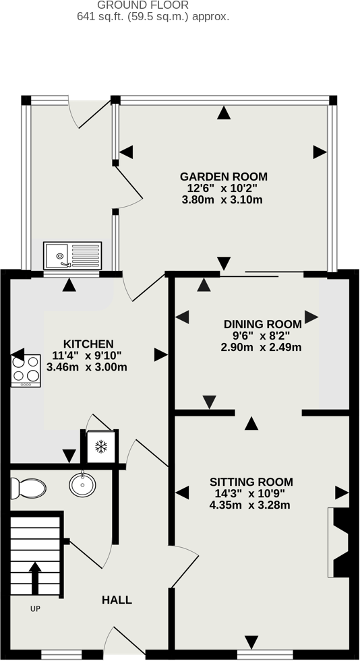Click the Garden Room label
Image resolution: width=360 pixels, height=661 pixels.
pos(223,177)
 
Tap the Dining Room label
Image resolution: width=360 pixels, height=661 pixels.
pos(263,324)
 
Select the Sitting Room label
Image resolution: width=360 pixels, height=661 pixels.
pos(251,482)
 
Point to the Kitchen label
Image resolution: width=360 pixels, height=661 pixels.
pos(88,344)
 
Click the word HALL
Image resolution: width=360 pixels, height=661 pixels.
pos(117,600)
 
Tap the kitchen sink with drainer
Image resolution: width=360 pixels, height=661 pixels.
pos(73,255)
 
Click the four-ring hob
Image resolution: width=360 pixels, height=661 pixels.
pos(26,371)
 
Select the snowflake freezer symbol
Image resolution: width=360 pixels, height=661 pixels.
pos(100,447)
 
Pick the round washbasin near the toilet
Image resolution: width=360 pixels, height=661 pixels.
pos(82,484)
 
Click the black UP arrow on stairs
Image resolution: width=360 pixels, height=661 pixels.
pos(35,578)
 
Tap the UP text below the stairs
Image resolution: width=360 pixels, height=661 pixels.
pos(36,608)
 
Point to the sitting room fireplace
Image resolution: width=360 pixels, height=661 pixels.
pos(338,542)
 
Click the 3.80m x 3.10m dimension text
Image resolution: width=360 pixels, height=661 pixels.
pos(222,199)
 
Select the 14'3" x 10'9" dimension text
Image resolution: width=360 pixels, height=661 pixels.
pos(250,493)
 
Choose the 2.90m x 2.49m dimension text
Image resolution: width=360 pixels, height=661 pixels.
pos(261,348)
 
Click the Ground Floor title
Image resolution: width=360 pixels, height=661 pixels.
pos(143,5)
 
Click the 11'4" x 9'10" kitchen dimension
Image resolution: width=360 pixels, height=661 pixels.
pos(87,355)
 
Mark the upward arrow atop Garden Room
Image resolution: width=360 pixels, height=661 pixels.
pos(224,113)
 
